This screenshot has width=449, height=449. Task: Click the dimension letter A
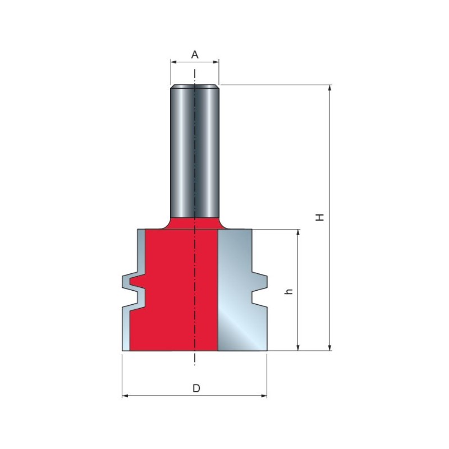(x=195, y=54)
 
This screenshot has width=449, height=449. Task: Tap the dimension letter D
(x=196, y=388)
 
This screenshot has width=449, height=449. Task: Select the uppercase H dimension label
(x=319, y=217)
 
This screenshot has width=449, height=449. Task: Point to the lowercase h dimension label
(x=289, y=291)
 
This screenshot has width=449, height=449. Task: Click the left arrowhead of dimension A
(x=173, y=62)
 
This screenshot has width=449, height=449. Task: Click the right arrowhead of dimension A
(x=216, y=62)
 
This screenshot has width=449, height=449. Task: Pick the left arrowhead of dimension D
(x=125, y=396)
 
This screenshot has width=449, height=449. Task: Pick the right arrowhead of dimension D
(x=264, y=396)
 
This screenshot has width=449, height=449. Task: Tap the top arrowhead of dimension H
(x=330, y=88)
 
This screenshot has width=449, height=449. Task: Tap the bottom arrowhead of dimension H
(x=330, y=347)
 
